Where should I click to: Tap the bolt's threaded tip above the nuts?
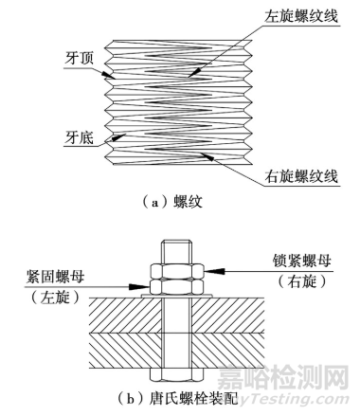177,248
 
